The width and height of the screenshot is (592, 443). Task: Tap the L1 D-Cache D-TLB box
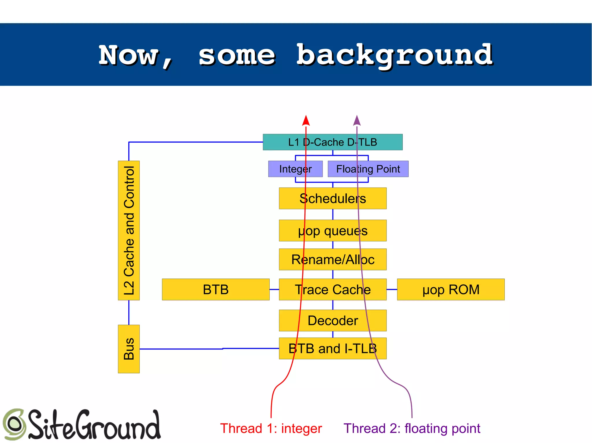332,142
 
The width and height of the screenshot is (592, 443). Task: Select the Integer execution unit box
295,169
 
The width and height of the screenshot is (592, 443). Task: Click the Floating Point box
368,169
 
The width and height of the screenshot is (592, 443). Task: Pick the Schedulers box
332,199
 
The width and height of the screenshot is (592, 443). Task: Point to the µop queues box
332,231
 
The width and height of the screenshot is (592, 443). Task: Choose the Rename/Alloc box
332,259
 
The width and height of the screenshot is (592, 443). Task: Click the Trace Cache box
332,289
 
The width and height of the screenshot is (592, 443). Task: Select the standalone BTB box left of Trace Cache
216,289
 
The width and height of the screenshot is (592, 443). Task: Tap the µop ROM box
451,289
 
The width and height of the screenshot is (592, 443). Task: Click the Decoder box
332,321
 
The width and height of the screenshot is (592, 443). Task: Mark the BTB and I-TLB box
332,348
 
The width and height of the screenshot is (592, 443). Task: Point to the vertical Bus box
129,349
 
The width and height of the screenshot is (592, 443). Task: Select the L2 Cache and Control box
129,230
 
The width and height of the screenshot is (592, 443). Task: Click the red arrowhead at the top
306,121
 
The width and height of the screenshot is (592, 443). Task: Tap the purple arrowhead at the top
357,121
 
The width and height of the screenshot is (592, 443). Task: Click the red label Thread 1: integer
271,428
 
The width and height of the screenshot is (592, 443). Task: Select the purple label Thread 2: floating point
412,428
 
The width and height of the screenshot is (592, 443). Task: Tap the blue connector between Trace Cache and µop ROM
392,289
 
